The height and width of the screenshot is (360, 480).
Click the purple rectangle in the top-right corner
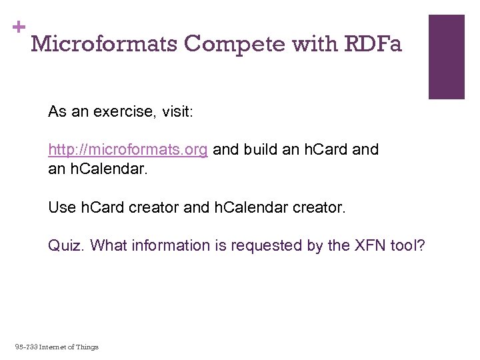(x=446, y=57)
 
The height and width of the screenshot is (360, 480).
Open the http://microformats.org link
(x=128, y=149)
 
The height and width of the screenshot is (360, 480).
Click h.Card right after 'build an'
(x=325, y=149)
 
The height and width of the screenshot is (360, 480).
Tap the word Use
(x=62, y=207)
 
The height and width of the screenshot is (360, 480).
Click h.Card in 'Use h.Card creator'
(x=103, y=207)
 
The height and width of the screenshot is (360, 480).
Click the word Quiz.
(x=65, y=245)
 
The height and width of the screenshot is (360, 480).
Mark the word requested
(x=266, y=245)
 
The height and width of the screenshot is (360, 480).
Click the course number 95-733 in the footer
(x=26, y=347)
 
